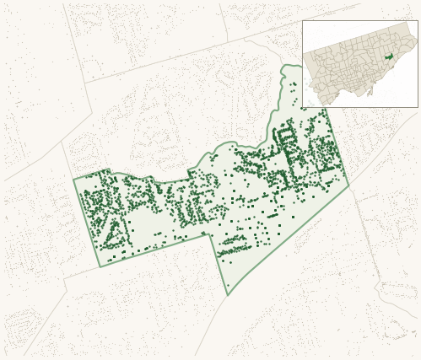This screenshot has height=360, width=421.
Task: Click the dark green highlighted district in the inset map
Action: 389,57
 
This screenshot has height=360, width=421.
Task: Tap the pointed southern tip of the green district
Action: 228,294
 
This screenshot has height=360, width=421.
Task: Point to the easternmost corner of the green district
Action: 348,185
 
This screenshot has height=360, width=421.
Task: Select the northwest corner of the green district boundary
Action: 73,179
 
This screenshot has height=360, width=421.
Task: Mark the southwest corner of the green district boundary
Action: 100,266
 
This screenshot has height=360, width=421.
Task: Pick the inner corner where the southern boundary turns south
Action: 211,234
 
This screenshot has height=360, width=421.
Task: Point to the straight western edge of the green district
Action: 86,223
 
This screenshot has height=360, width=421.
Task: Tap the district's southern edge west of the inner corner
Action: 156,250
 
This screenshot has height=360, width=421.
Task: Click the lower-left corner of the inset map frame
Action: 303,107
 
